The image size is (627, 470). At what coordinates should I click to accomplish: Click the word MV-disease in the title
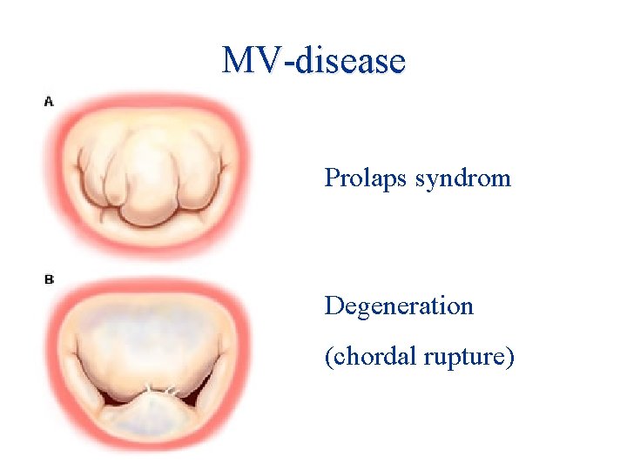(313, 61)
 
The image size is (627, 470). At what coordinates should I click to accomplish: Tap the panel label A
(49, 102)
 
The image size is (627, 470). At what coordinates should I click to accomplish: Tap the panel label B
(49, 279)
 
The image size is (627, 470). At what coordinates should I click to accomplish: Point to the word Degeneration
(399, 306)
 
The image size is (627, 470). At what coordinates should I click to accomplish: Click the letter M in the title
(236, 61)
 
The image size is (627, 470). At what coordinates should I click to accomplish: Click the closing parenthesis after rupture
(510, 357)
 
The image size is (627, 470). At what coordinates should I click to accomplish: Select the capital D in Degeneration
(333, 306)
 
